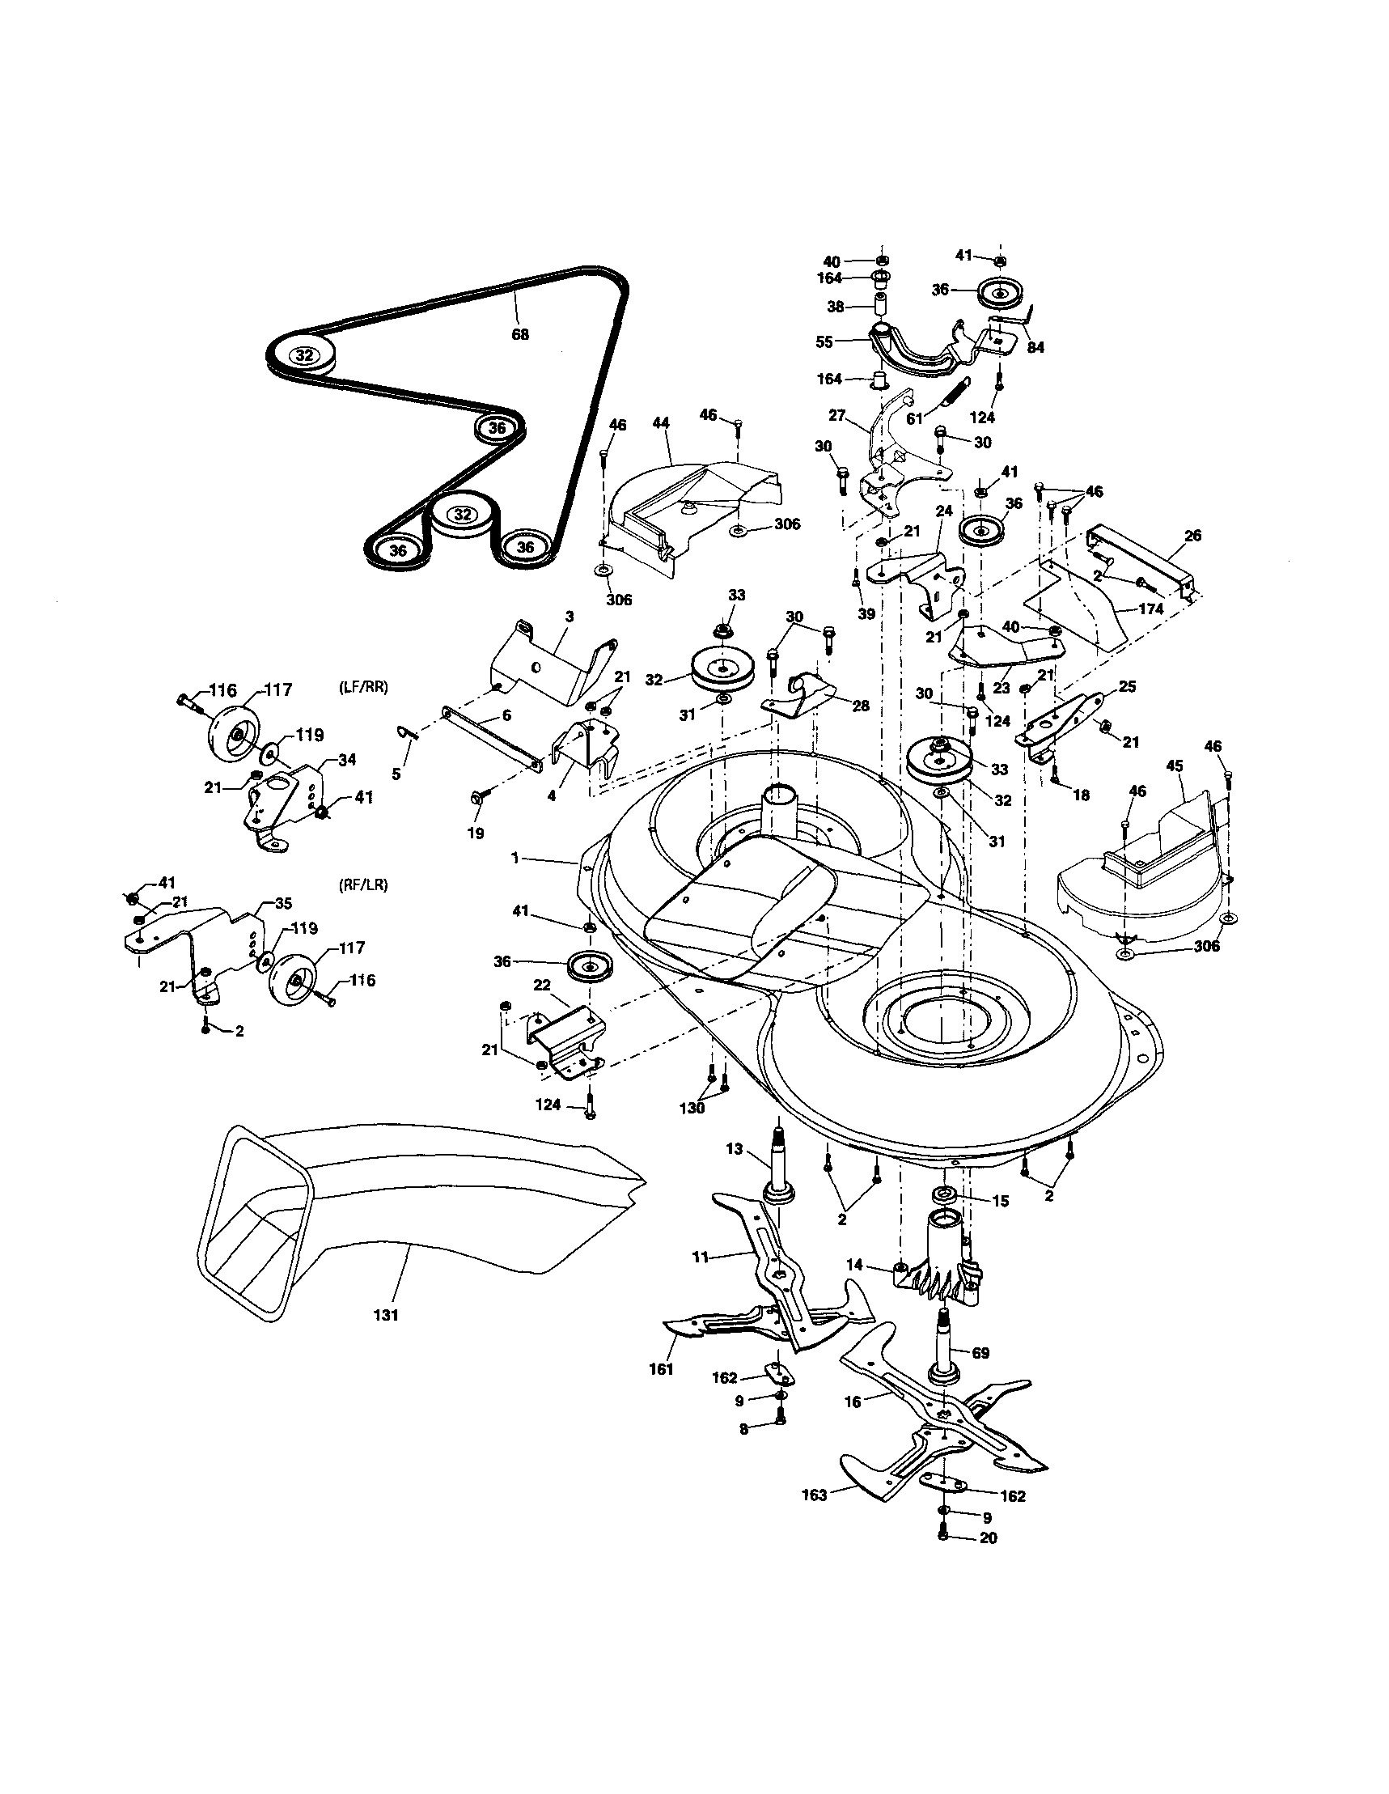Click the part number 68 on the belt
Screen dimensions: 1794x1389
click(519, 334)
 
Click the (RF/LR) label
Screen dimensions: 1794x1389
click(362, 885)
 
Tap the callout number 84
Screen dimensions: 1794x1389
click(1035, 347)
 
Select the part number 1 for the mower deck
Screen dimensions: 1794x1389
click(515, 858)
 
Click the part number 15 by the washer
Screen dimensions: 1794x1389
click(1000, 1200)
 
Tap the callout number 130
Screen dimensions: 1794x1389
click(692, 1107)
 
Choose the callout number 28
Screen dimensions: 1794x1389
click(860, 705)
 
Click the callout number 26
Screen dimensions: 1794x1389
click(1192, 536)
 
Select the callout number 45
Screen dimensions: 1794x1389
click(1174, 766)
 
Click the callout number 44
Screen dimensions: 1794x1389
click(660, 423)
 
